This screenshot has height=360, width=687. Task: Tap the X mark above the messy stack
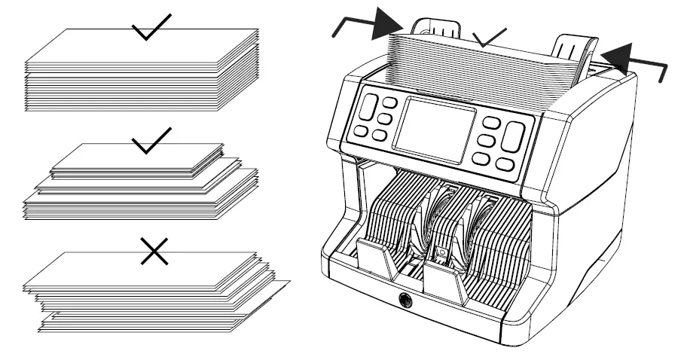153,252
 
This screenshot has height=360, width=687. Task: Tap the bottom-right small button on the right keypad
505,164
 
